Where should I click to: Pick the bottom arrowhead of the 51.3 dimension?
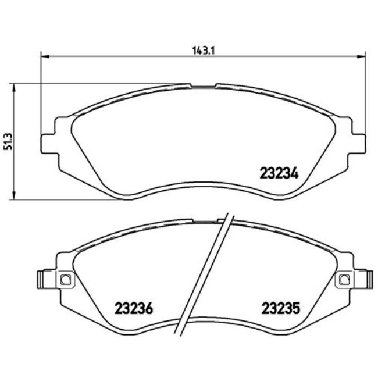click(x=14, y=196)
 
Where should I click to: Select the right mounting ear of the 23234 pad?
click(x=359, y=142)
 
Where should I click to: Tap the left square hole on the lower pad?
click(x=65, y=280)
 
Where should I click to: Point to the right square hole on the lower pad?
click(x=343, y=280)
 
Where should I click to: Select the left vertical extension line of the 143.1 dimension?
click(x=40, y=93)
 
